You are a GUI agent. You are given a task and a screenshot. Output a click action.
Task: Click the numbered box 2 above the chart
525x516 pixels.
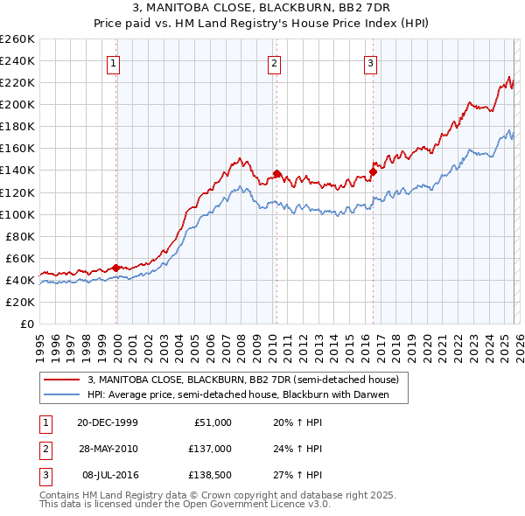(274, 63)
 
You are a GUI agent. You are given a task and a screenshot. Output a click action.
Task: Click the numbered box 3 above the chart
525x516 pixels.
(370, 63)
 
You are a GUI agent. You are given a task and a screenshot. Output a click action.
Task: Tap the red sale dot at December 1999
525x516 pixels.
(116, 268)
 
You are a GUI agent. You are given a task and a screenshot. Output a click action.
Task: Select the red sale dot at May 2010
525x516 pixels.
(276, 173)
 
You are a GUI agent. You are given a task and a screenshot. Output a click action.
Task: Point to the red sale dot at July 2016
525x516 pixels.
(372, 171)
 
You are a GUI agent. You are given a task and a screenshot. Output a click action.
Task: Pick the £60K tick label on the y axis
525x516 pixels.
(20, 258)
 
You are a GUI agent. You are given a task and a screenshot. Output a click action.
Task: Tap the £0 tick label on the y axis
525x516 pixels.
(27, 324)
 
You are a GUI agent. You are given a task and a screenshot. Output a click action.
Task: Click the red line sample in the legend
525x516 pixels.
(62, 380)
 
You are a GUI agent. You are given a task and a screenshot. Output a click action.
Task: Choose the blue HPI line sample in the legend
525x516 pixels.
(62, 394)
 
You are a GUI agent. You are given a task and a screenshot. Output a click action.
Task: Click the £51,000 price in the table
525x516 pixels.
(213, 422)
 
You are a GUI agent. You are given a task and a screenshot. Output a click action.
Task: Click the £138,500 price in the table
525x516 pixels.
(209, 475)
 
